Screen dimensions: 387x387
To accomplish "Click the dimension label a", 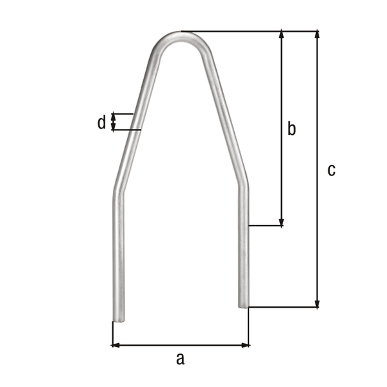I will click(x=180, y=359).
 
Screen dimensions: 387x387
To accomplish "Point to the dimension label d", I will click(x=101, y=123).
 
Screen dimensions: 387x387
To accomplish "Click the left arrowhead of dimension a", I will click(x=116, y=345).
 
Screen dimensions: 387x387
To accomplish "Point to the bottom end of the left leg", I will click(x=119, y=318).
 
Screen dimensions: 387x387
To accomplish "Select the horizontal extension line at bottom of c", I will click(x=284, y=308).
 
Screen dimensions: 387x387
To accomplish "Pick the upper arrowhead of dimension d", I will click(x=114, y=116).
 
